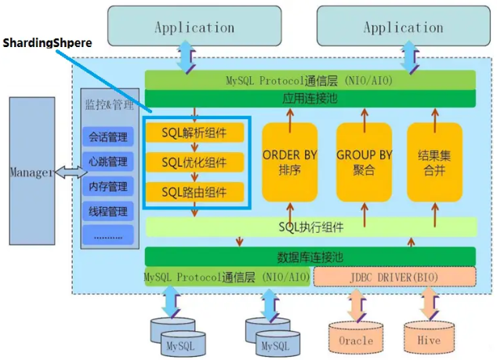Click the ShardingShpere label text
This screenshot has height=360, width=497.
click(x=47, y=43)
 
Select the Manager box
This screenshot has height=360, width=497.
click(x=32, y=171)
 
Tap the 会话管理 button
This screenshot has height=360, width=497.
click(x=107, y=136)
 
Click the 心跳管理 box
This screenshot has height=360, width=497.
click(x=107, y=162)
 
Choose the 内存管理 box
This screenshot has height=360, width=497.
click(x=107, y=186)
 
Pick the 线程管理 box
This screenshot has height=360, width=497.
click(x=107, y=211)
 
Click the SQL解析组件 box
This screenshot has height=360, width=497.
click(x=194, y=133)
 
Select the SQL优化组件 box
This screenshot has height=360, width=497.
click(x=194, y=162)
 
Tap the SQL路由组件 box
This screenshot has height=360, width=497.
click(x=194, y=192)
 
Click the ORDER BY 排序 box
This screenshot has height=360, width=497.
click(x=290, y=162)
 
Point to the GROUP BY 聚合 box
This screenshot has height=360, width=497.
click(x=365, y=162)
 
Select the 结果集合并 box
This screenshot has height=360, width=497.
click(x=434, y=162)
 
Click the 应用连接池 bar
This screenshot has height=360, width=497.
click(x=310, y=98)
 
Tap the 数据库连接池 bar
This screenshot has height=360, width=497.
click(x=310, y=256)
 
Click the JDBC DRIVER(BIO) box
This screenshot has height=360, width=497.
click(x=394, y=277)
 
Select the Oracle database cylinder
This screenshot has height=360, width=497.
click(x=356, y=337)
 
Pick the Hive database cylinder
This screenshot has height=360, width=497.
click(x=429, y=337)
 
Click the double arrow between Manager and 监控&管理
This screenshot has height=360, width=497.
click(x=71, y=173)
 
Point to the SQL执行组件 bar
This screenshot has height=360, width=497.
click(x=311, y=227)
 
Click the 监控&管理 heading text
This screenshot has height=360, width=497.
click(x=109, y=104)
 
